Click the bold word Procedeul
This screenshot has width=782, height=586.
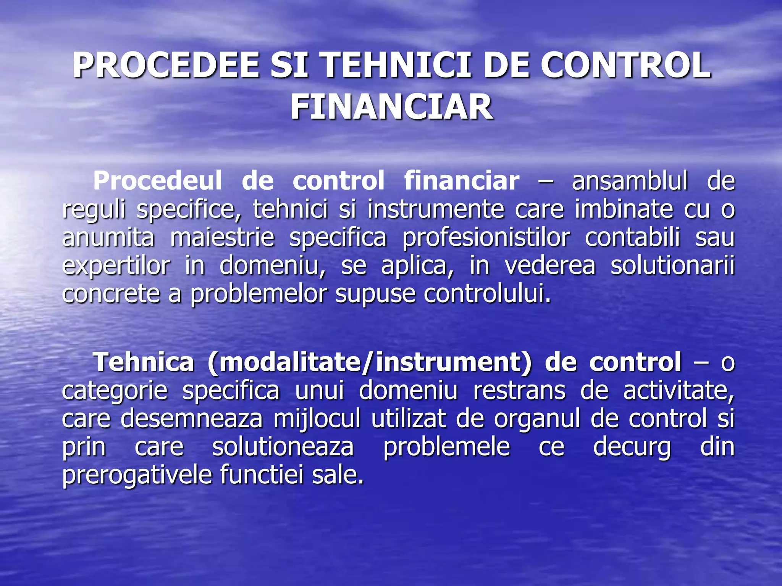[157, 180]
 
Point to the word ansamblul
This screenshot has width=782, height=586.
[630, 180]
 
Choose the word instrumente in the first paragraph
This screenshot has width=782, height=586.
[436, 209]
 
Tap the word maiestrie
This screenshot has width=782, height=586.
[222, 237]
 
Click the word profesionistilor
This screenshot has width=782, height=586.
[486, 237]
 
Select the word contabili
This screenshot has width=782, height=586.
[632, 237]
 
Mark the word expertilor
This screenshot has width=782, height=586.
[116, 266]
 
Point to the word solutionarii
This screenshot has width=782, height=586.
[672, 266]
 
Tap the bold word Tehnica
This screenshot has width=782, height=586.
[144, 362]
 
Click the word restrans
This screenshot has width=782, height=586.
[519, 391]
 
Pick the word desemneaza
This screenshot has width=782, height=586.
[192, 419]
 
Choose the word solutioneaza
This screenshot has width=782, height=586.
[283, 447]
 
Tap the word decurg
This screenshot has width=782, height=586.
[632, 447]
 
